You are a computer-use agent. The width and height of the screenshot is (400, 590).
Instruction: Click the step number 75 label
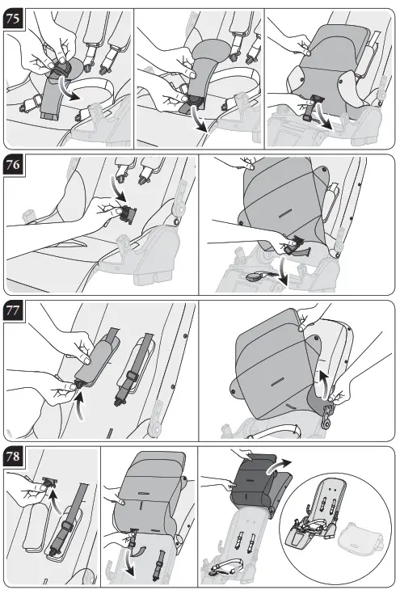pos(13,19)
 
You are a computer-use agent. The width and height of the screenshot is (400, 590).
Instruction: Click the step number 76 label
pos(13,165)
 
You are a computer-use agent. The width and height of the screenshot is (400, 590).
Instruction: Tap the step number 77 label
pos(13,311)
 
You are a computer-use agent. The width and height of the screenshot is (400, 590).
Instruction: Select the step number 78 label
pos(13,457)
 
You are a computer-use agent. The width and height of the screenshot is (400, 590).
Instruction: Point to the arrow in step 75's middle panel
pos(200,120)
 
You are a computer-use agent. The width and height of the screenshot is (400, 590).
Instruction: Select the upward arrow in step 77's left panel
pos(80,406)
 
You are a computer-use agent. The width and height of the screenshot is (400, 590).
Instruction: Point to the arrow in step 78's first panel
pos(54,500)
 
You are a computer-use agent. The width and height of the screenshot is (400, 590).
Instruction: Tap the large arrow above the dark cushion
pos(278,465)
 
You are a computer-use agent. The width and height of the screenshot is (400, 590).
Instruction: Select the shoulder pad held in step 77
pos(96,357)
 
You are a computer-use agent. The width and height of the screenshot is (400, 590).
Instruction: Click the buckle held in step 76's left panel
pos(127,215)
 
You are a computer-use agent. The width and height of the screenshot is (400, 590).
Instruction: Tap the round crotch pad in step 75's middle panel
pos(211,52)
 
